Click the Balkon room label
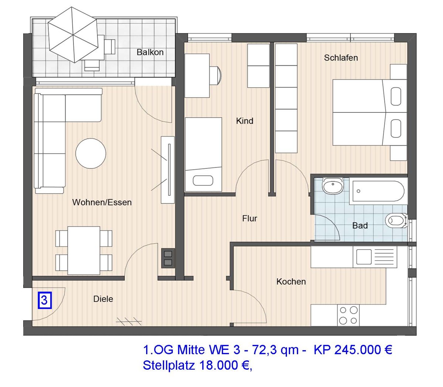pyautogui.click(x=150, y=52)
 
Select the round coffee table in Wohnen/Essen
pyautogui.click(x=91, y=153)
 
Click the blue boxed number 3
pyautogui.click(x=44, y=300)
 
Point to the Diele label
pyautogui.click(x=103, y=299)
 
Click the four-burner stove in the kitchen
pyautogui.click(x=348, y=315)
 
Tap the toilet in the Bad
pyautogui.click(x=395, y=221)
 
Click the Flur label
pyautogui.click(x=250, y=218)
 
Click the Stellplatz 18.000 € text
pyautogui.click(x=198, y=365)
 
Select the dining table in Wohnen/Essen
pyautogui.click(x=84, y=250)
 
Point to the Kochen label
pyautogui.click(x=291, y=282)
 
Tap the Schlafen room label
pyautogui.click(x=341, y=58)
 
